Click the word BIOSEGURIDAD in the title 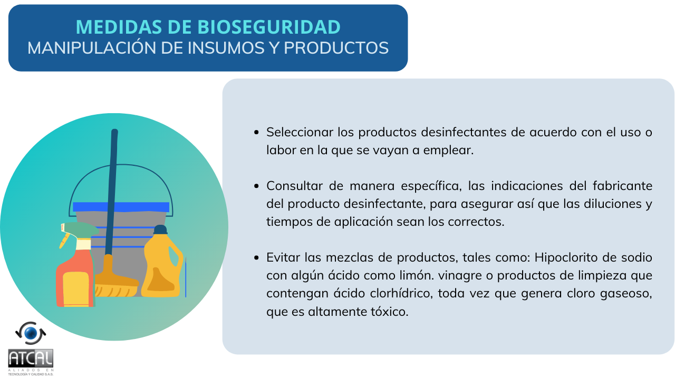(x=269, y=27)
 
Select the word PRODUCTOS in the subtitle (x=336, y=48)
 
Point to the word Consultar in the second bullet (x=294, y=186)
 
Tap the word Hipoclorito (x=566, y=258)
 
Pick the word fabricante (x=622, y=186)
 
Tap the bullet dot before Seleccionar (x=256, y=132)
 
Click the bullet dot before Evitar (x=256, y=258)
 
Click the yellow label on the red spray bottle (x=75, y=289)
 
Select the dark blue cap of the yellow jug (x=160, y=230)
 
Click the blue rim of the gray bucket (x=121, y=207)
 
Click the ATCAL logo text (x=31, y=358)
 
